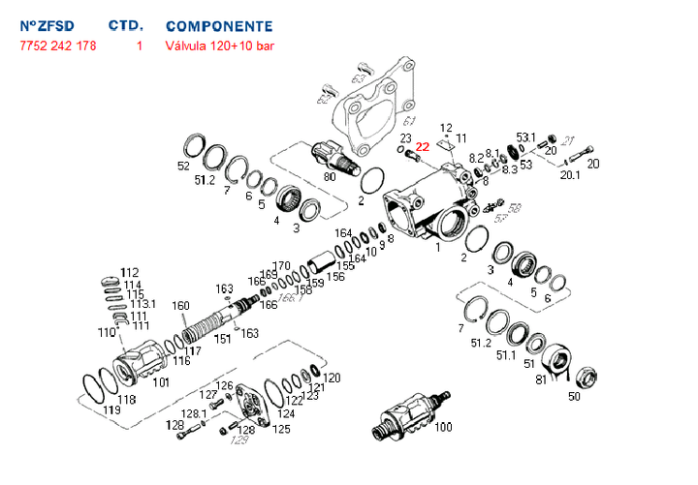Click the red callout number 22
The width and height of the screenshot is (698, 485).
pos(422,146)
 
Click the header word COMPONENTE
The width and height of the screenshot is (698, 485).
pos(219,26)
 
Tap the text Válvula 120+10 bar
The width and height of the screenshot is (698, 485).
pos(220,45)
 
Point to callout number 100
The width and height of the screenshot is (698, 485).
pos(443,427)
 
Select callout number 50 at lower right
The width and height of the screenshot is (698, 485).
pos(574,395)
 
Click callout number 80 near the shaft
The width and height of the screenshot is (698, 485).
pos(330,175)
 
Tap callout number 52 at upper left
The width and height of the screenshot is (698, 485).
pos(184,166)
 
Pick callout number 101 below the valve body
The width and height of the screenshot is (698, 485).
pos(161,381)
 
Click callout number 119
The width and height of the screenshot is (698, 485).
pos(111,410)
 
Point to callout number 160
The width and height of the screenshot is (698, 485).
pos(180,307)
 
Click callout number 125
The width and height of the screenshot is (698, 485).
pos(281,428)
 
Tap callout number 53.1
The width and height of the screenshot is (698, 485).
pos(525,137)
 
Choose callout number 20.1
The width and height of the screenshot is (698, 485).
pos(570,175)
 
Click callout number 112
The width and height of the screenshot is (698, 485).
pos(130,271)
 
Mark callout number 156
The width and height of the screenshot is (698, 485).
pos(335,276)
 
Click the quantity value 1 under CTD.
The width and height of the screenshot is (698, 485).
pos(140,45)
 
